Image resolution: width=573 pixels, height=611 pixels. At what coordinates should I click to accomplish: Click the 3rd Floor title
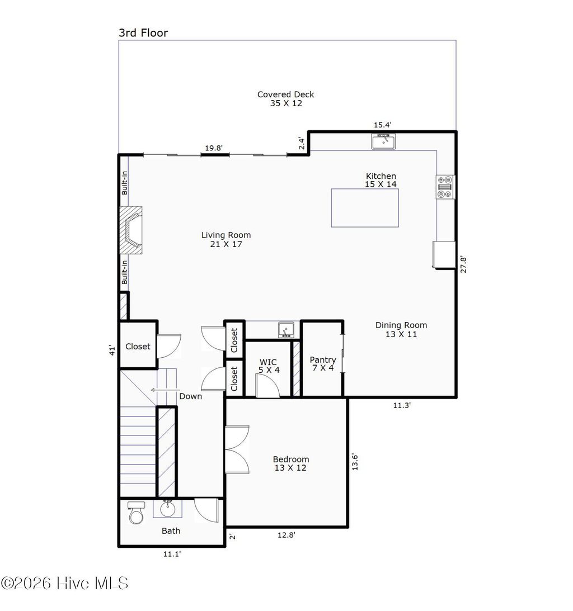143,32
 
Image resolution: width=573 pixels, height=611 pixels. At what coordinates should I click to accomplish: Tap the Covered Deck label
285,98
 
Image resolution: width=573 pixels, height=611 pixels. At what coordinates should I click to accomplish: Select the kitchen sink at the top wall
383,141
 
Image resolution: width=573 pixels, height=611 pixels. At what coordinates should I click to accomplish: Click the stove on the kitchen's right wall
446,187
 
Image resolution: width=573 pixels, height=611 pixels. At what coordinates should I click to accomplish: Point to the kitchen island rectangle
365,207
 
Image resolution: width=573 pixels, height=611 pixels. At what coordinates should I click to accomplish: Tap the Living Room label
226,239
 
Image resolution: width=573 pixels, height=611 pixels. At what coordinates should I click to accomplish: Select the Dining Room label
401,329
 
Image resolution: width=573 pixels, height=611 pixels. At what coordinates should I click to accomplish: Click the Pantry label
323,363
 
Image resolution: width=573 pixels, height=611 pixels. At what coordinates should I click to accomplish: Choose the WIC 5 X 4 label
267,366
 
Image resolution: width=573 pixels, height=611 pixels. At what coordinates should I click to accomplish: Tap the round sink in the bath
167,509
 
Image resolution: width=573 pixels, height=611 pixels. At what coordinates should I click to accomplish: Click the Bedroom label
290,463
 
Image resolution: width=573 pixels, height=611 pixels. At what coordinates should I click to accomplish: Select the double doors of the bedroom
237,449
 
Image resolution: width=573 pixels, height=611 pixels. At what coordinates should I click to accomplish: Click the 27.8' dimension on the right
463,264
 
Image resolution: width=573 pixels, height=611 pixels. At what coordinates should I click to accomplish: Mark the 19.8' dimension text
213,148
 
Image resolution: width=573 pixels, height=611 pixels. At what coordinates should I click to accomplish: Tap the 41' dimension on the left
112,350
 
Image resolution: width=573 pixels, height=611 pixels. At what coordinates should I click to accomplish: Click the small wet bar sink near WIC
286,330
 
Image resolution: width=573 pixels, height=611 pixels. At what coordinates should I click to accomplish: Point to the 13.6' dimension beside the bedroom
354,462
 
